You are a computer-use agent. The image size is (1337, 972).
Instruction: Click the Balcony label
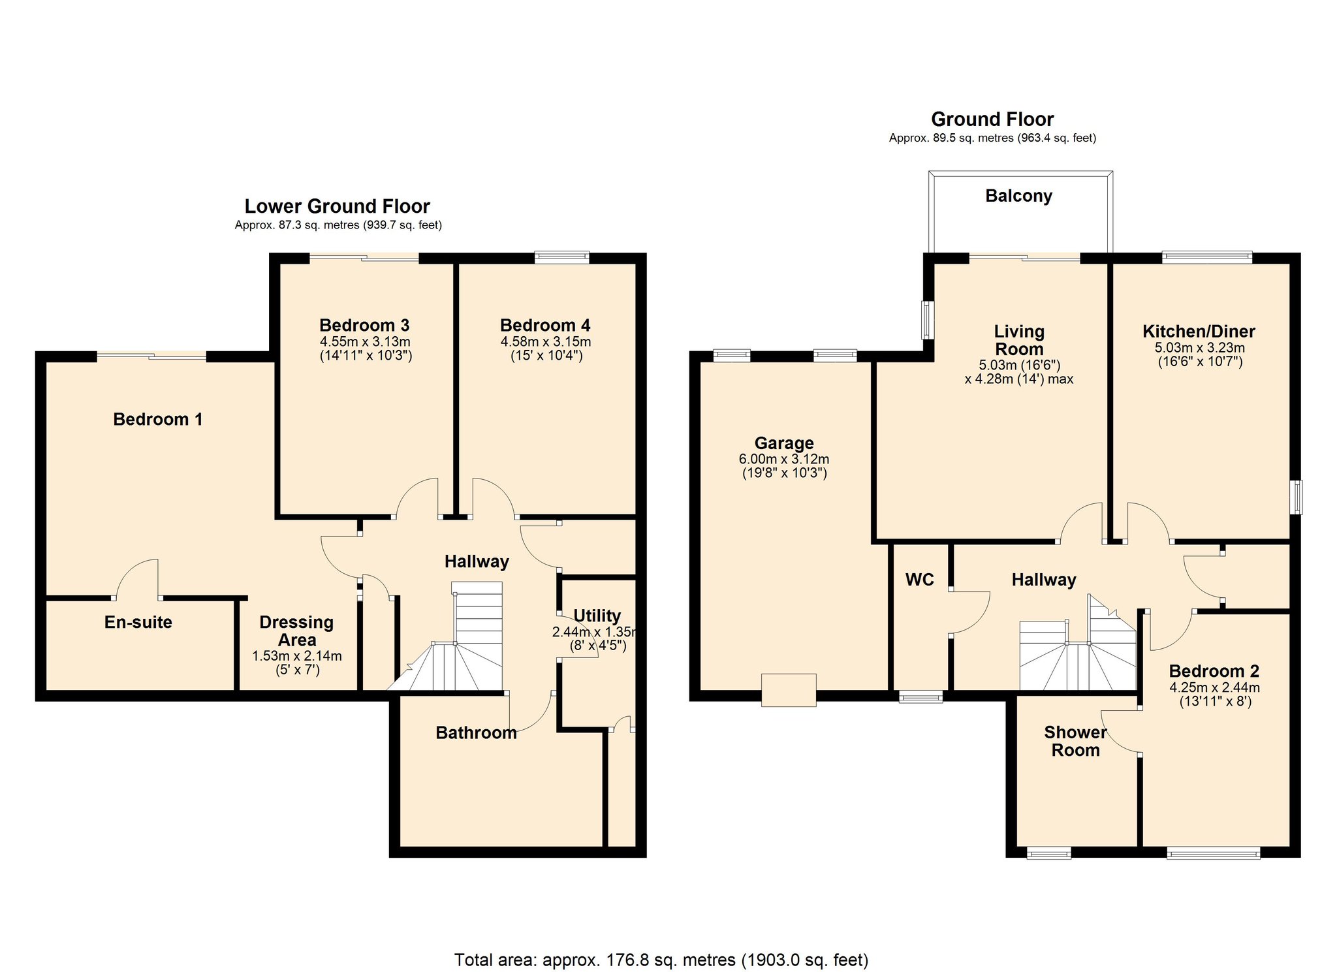[1018, 196]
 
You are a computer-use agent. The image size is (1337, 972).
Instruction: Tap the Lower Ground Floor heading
[337, 206]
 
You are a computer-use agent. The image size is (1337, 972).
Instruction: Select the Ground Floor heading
[992, 119]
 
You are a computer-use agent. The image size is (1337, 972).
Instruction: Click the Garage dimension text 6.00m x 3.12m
[783, 459]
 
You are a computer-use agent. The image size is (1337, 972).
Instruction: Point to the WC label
[919, 580]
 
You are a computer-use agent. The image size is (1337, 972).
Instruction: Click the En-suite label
[138, 622]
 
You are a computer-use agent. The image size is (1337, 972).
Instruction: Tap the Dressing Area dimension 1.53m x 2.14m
[297, 656]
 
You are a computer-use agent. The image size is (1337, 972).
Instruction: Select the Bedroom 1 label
[157, 419]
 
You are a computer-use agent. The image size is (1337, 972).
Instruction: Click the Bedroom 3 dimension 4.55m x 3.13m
[365, 341]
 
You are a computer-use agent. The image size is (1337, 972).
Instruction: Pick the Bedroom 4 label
[545, 325]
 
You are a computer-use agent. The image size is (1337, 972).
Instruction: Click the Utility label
[597, 616]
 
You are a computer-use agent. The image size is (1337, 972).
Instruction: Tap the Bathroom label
[476, 732]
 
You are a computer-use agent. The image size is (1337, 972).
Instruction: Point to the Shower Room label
[1075, 741]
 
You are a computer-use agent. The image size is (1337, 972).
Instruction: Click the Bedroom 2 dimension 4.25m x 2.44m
[1214, 687]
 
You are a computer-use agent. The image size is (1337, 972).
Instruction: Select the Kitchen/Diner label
[1199, 331]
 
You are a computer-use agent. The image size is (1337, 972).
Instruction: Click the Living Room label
[1019, 340]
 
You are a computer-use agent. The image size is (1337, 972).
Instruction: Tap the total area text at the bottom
[661, 960]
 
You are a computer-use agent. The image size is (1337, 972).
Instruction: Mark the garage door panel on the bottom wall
[789, 689]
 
